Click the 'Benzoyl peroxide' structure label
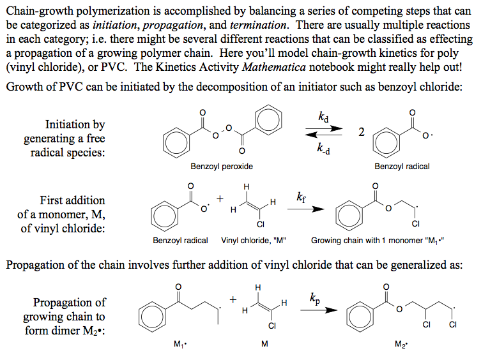(x=222, y=167)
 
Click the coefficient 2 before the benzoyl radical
(x=362, y=132)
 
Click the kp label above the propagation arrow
(x=315, y=297)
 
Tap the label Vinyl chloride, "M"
(x=253, y=241)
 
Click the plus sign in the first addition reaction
(x=220, y=199)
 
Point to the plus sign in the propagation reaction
(x=233, y=299)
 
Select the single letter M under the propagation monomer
(x=264, y=345)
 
